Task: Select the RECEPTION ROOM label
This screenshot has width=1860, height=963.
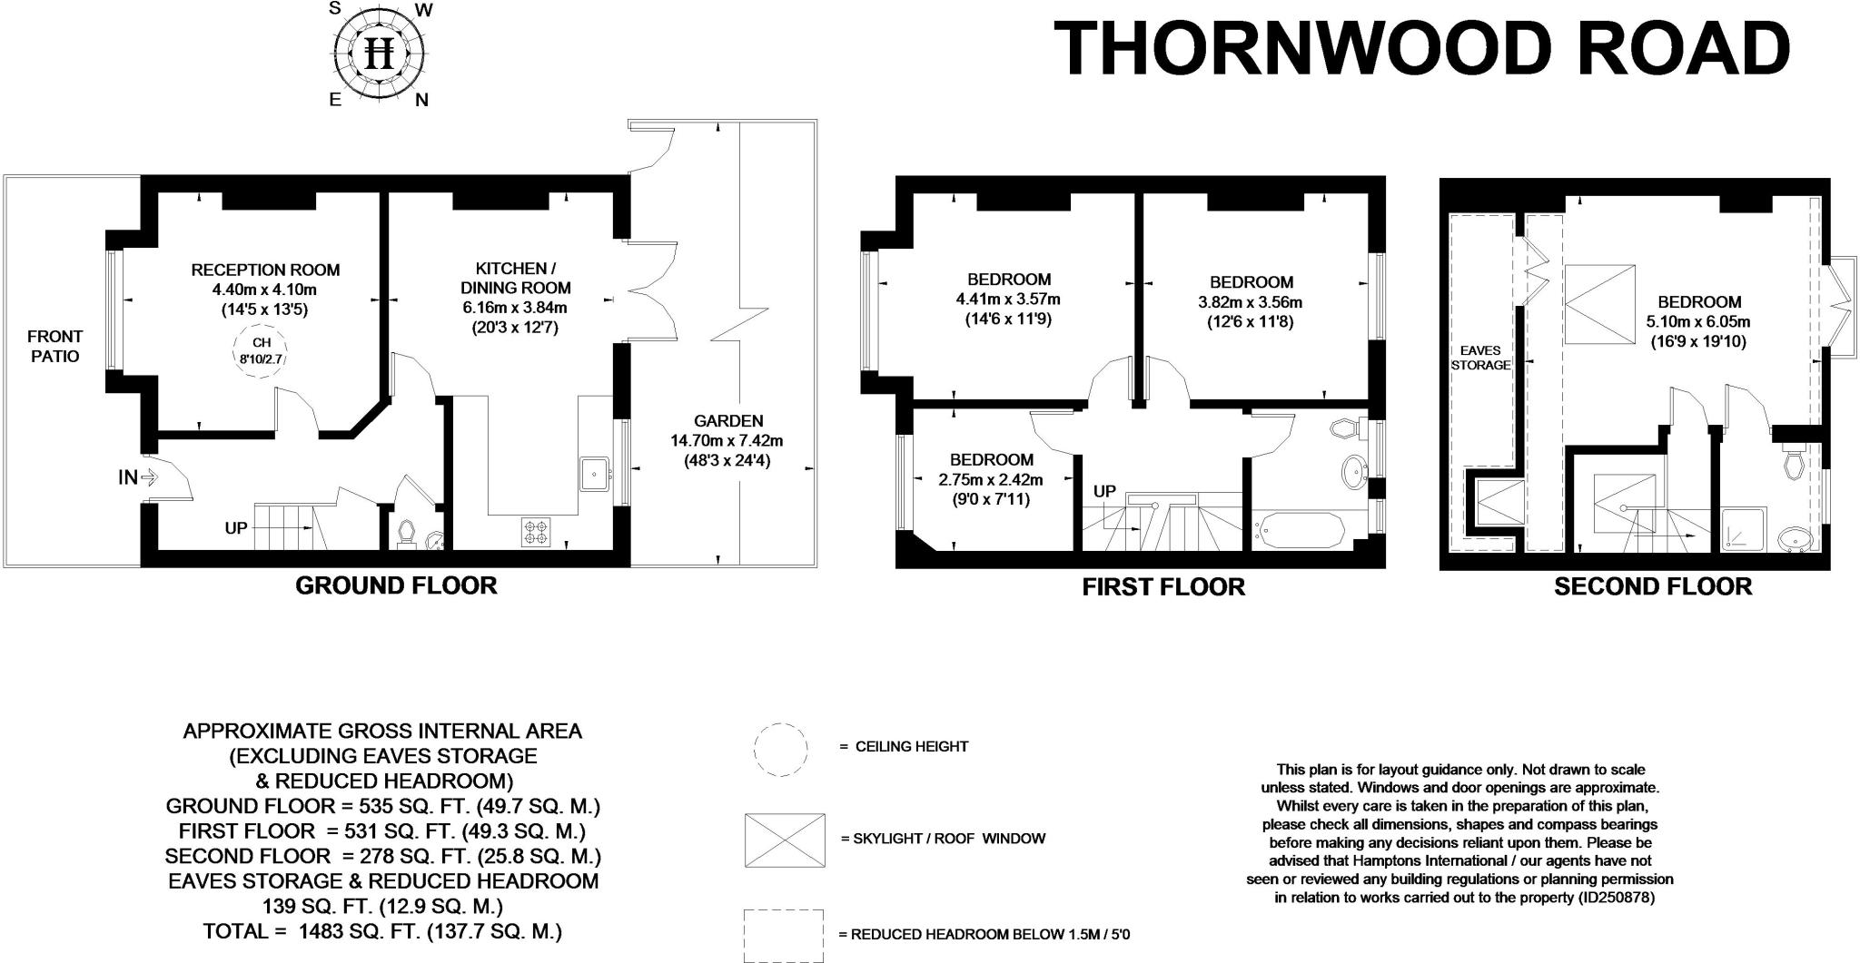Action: click(265, 270)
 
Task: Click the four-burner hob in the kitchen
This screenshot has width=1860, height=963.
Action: click(536, 531)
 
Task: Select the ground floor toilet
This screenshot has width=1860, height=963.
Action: click(406, 533)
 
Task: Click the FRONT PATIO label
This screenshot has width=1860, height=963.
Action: click(55, 346)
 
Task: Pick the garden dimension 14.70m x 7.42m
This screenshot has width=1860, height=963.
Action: click(727, 441)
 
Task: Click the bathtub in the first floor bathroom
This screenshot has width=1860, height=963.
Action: click(1299, 532)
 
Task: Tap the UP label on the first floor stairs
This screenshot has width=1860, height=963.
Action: click(1104, 492)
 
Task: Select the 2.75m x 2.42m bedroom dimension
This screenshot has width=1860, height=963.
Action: click(991, 479)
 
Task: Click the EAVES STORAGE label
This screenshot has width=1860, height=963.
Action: click(1480, 358)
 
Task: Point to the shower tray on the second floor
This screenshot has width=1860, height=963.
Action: click(1743, 529)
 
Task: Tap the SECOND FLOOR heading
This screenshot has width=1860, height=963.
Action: click(1653, 586)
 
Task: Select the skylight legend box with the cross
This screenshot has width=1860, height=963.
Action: click(785, 840)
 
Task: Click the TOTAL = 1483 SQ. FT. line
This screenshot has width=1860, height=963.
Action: click(382, 931)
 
